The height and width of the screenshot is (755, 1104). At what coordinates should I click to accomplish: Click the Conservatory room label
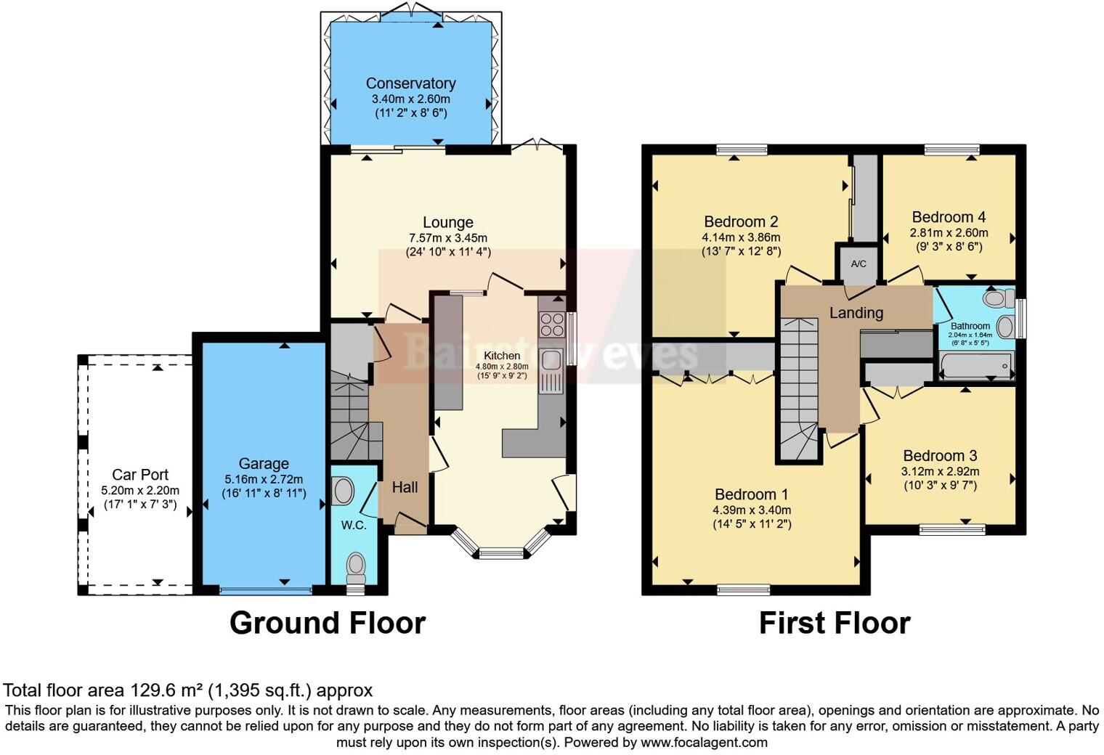point(410,83)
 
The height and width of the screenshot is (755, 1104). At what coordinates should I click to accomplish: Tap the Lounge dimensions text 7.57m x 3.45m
point(447,238)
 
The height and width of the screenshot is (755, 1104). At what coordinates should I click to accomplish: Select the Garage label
point(264,464)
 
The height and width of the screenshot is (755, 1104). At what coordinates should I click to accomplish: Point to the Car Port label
point(139,475)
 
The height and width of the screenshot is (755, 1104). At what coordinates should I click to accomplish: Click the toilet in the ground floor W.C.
point(356,565)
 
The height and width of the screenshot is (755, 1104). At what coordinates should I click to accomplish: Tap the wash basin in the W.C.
point(341,491)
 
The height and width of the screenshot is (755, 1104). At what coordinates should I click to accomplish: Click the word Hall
point(405,487)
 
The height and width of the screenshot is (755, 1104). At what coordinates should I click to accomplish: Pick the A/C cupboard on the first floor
point(858,264)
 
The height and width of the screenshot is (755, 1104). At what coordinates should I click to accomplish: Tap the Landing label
point(856,313)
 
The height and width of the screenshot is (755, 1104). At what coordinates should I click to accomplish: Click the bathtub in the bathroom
point(975,365)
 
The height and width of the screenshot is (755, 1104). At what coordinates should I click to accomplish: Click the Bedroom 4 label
point(949,217)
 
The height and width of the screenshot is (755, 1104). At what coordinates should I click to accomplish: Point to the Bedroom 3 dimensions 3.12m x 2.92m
point(940,471)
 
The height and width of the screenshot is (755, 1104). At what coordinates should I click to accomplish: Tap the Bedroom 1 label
point(752,494)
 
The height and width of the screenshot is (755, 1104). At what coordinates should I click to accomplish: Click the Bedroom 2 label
point(741,221)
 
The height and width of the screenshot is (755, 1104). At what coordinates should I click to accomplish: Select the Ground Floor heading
point(327,623)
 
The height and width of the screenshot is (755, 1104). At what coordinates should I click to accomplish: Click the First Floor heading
point(835,623)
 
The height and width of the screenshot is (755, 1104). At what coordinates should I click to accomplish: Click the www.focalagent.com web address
point(703,743)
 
